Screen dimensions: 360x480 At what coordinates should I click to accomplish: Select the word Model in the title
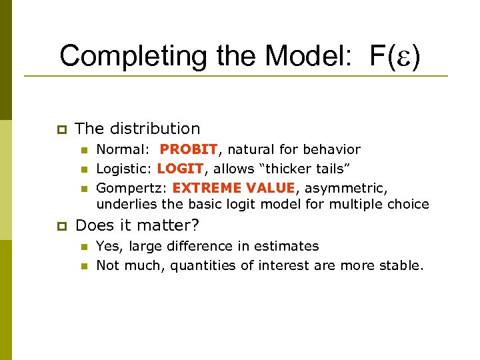pos(310,56)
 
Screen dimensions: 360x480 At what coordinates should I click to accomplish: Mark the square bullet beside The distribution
pos(60,129)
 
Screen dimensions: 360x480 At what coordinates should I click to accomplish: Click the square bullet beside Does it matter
pos(60,226)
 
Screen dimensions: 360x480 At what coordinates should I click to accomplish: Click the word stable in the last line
pos(401,265)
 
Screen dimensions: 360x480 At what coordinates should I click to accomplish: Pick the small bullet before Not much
pos(84,266)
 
